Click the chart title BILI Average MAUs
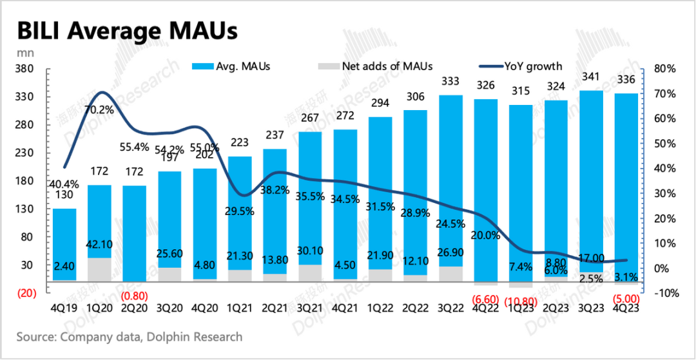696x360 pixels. pos(126,30)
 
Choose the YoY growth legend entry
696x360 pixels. pos(521,66)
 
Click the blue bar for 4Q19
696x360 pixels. pos(64,245)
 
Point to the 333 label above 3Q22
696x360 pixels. pos(450,81)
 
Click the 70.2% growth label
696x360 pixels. pos(98,109)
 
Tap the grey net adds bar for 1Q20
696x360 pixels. pos(99,270)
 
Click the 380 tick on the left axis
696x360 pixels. pos(24,69)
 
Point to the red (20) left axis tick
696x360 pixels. pos(25,293)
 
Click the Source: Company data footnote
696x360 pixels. pos(130,337)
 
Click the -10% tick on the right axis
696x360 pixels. pos(663,293)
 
